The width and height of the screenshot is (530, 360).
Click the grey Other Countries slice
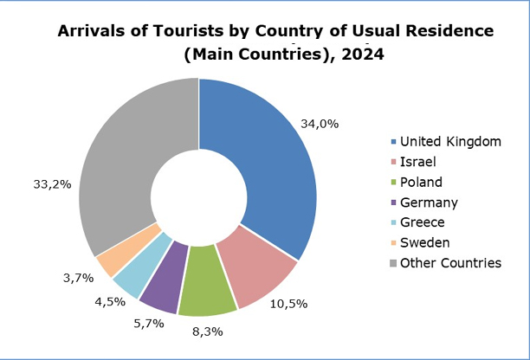pyautogui.click(x=121, y=164)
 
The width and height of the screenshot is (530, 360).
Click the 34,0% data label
pyautogui.click(x=318, y=123)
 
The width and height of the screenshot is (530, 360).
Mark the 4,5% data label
pyautogui.click(x=110, y=301)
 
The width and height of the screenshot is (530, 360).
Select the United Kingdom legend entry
pyautogui.click(x=450, y=141)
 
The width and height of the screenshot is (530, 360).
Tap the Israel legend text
pyautogui.click(x=417, y=162)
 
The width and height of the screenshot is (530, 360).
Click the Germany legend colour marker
pyautogui.click(x=394, y=202)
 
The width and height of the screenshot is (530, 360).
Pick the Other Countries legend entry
pyautogui.click(x=450, y=263)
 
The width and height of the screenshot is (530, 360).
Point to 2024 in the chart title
pyautogui.click(x=362, y=54)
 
